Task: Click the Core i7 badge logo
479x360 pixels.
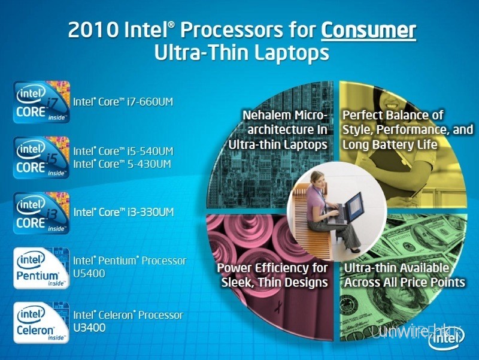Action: point(41,102)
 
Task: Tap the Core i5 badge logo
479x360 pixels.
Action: point(41,157)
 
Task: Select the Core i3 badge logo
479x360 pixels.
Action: point(41,213)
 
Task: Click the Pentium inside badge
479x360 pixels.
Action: point(41,268)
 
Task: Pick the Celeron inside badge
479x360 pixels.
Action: point(41,323)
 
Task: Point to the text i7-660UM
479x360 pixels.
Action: point(148,102)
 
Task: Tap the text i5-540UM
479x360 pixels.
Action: point(148,152)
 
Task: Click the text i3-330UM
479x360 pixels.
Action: point(148,212)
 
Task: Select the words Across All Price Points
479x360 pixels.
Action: point(405,282)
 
